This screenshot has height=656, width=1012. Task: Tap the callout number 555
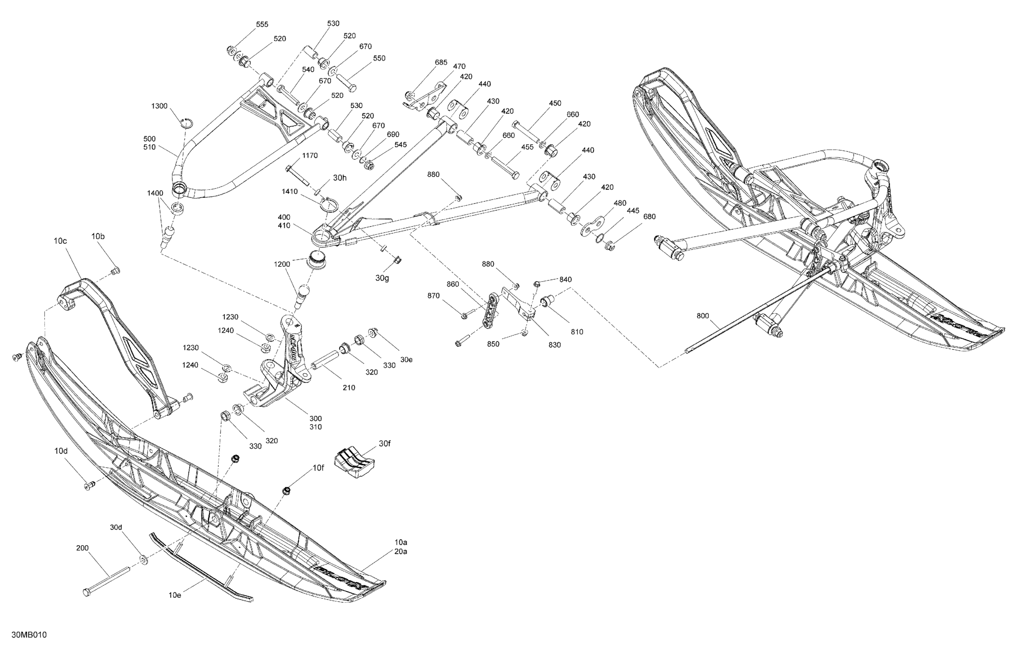[x=262, y=24]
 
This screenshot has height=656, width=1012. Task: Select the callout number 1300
[x=159, y=106]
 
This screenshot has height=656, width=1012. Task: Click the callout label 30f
[x=384, y=443]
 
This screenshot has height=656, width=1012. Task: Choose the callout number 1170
[x=310, y=156]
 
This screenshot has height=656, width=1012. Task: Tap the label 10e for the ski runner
[x=175, y=595]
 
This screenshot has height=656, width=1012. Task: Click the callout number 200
[x=83, y=548]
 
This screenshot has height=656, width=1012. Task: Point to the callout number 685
[x=441, y=63]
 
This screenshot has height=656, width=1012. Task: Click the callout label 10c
[x=60, y=241]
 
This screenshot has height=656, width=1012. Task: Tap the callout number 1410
[x=289, y=191]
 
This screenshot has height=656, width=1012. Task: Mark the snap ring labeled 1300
[x=186, y=122]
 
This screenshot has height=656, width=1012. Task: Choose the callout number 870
[x=433, y=296]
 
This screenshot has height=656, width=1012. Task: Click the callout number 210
[x=349, y=387]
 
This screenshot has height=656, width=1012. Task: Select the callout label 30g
[x=382, y=278]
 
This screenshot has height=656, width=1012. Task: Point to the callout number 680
[x=649, y=216]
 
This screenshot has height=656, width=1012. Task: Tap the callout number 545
[x=401, y=145]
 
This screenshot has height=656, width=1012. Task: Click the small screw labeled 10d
[x=89, y=485]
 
